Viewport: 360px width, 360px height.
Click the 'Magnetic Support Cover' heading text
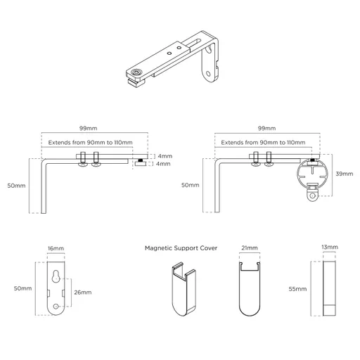[x=181, y=248]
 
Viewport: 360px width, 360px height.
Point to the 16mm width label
[x=56, y=248]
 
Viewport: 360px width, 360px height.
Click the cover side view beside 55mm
[x=330, y=289]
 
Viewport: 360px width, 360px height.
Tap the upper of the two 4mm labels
[x=164, y=156]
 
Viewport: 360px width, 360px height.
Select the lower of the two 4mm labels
[x=164, y=165]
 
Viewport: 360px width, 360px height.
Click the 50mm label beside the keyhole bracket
[x=22, y=289]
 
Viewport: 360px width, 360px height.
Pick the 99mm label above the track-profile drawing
[x=266, y=129]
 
